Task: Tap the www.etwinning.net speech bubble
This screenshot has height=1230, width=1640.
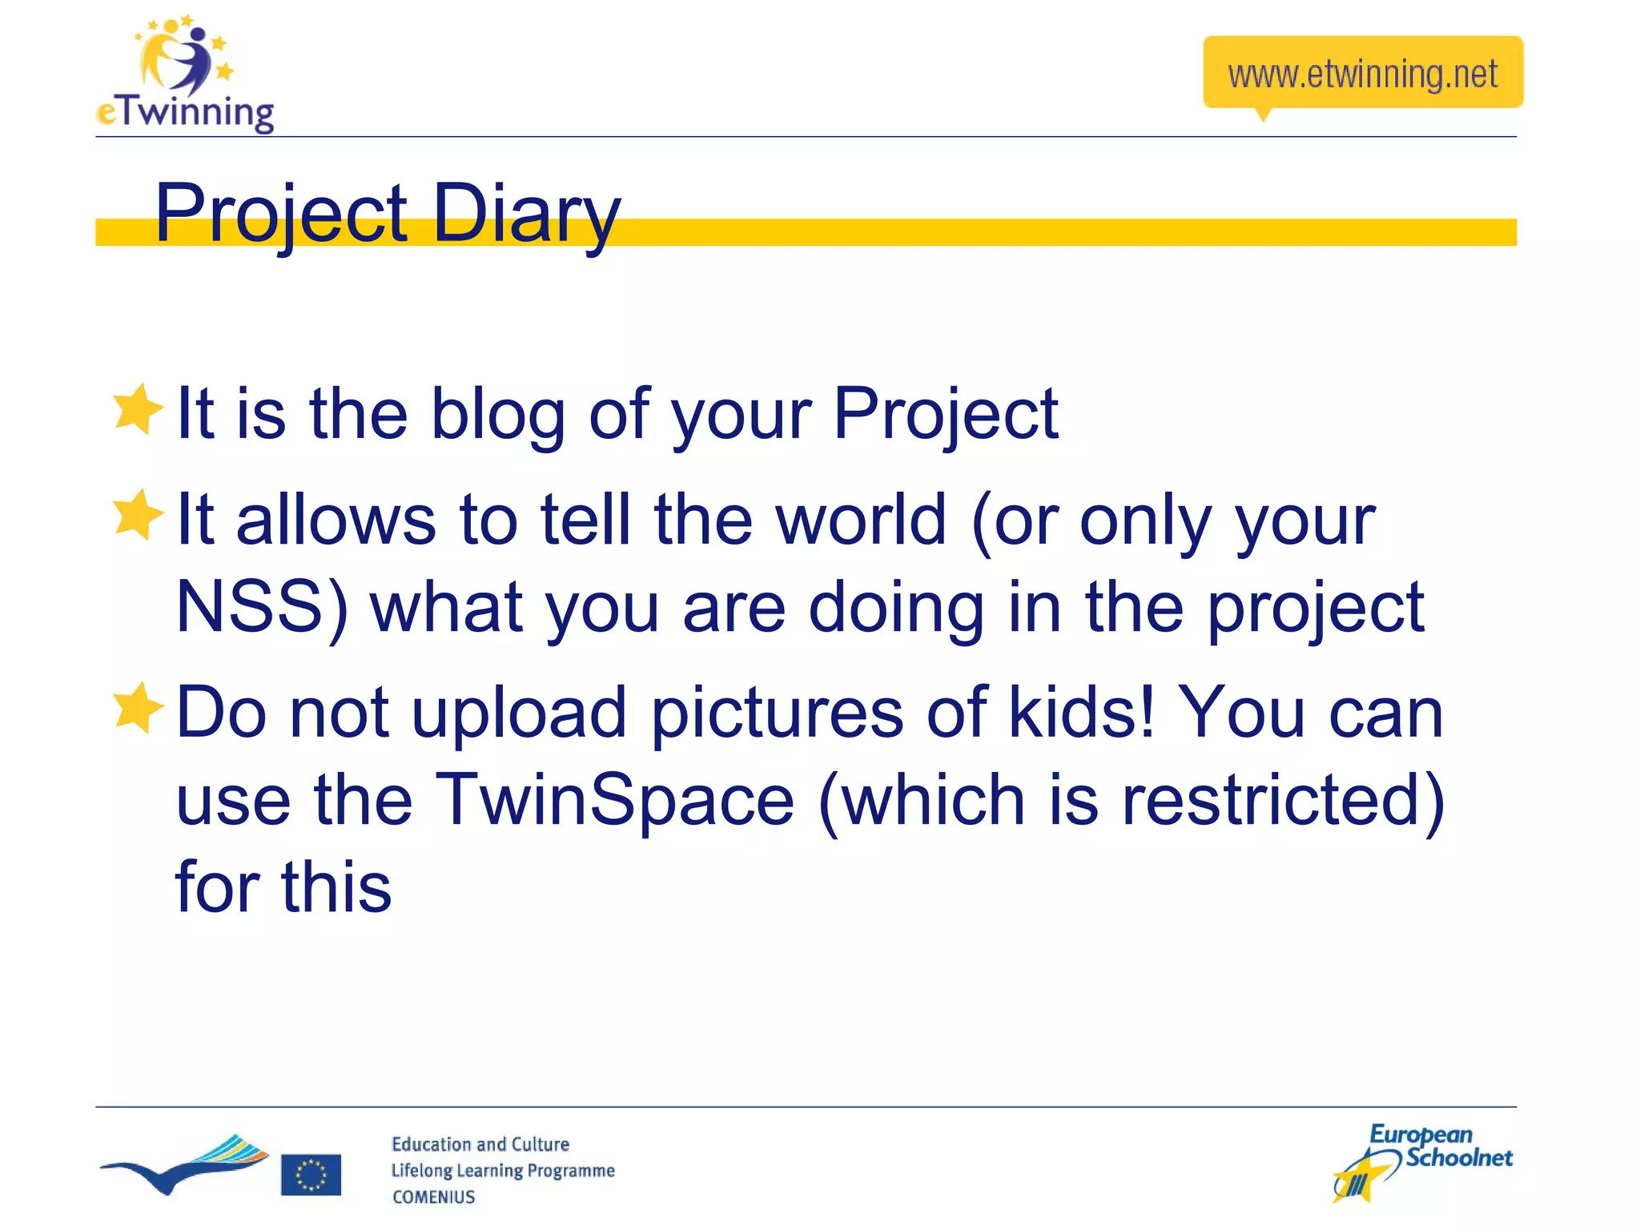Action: (x=1362, y=74)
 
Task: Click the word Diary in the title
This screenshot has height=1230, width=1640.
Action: (x=526, y=213)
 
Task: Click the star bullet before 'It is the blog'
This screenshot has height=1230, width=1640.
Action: (x=138, y=409)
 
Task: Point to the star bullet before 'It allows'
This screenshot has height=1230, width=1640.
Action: (x=138, y=515)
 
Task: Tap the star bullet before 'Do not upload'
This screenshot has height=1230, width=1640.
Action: (x=138, y=708)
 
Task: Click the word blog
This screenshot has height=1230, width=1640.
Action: (x=498, y=414)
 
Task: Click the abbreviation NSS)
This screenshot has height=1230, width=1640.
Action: (x=261, y=607)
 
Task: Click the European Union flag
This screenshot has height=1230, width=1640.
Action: (x=311, y=1175)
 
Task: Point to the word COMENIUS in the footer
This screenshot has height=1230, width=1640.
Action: (x=433, y=1197)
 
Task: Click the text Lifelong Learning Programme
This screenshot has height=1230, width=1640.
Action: (x=502, y=1171)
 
